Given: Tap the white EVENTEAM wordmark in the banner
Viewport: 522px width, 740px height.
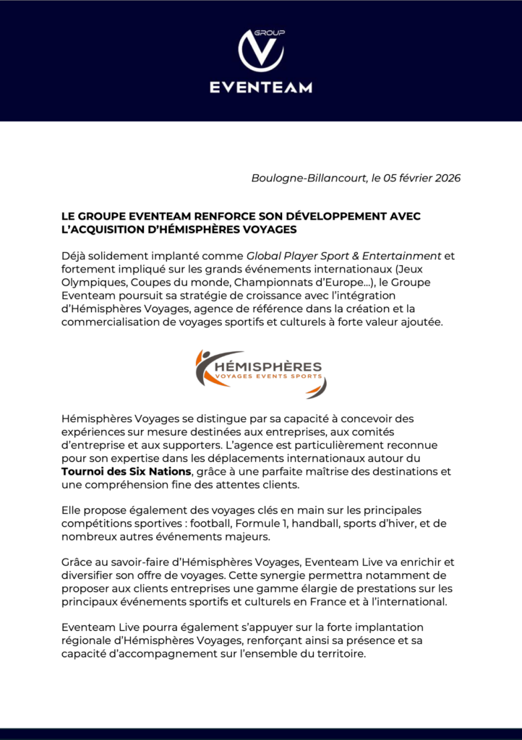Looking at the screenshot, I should pyautogui.click(x=261, y=87).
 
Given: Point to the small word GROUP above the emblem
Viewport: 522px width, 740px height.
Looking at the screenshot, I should pyautogui.click(x=274, y=33).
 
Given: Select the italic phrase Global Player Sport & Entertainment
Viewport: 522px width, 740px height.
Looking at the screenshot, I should pyautogui.click(x=344, y=256).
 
